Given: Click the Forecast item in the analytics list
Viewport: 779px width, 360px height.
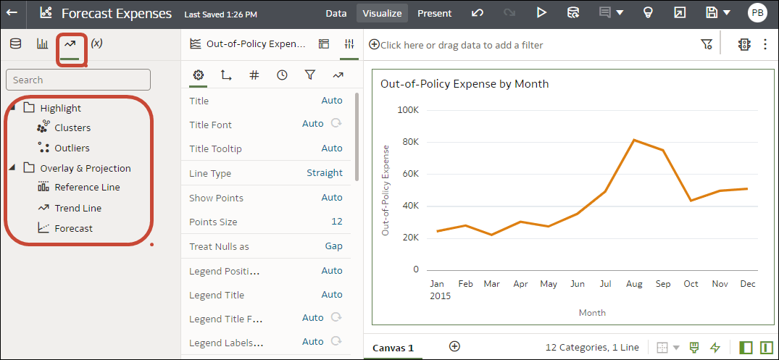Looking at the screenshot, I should click(73, 228).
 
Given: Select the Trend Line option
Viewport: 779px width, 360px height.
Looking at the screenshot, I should click(78, 208).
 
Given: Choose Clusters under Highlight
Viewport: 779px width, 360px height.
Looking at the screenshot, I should click(72, 127).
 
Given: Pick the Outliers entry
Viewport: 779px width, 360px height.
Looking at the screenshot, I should click(72, 148).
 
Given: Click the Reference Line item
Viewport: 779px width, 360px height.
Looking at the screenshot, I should click(87, 187).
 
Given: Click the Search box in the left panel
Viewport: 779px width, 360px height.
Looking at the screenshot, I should click(78, 80).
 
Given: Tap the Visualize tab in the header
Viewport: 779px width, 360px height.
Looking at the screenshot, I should click(381, 13).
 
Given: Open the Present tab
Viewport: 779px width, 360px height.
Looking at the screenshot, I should click(434, 13).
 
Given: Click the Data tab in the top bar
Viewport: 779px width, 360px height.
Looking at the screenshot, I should click(336, 13).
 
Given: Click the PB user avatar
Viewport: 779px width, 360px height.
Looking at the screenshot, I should click(757, 13).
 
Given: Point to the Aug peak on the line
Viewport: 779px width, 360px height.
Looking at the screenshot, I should click(634, 140).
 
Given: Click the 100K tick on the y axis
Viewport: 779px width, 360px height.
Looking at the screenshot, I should click(407, 109).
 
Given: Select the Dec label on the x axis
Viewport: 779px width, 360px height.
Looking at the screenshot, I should click(747, 284).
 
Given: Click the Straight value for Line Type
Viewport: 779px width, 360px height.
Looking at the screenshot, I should click(325, 173).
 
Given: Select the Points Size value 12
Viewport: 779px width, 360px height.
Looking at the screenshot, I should click(337, 222).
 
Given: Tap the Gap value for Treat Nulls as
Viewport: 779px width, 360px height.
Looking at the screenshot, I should click(333, 246).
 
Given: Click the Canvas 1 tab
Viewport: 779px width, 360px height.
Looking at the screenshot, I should click(393, 348).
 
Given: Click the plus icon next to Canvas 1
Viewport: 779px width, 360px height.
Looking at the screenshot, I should click(454, 346).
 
